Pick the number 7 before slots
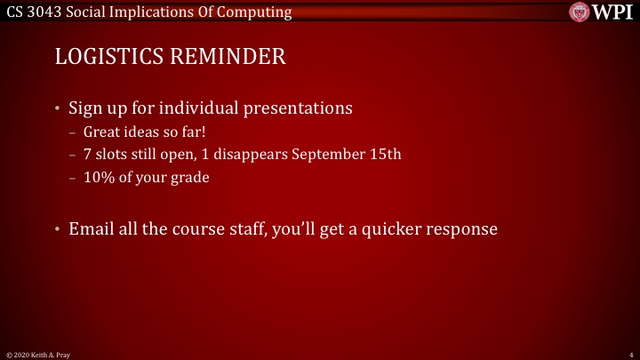[x=99, y=155]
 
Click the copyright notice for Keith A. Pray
[x=38, y=354]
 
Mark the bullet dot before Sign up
[x=59, y=109]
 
